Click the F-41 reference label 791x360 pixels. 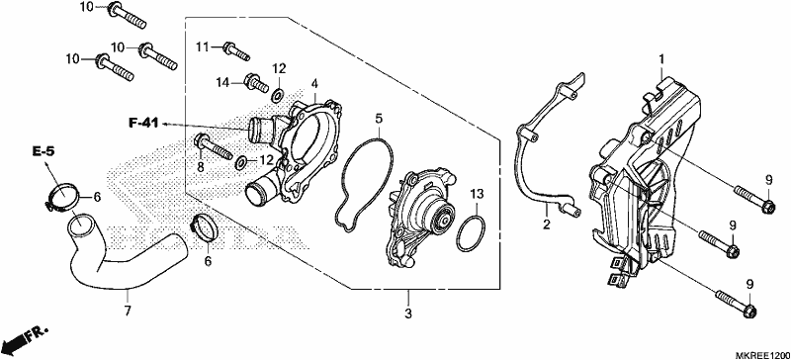tap(143, 123)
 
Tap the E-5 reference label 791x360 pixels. tap(43, 151)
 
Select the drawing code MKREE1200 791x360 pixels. tap(762, 355)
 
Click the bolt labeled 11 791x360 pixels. tap(235, 50)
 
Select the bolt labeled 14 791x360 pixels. tap(256, 84)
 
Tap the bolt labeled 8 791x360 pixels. tap(213, 146)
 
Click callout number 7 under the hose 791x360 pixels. tap(128, 311)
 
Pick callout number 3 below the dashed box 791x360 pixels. tap(408, 314)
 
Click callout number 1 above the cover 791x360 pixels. tap(661, 60)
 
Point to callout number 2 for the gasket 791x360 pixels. tap(547, 225)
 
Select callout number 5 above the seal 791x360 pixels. tap(379, 119)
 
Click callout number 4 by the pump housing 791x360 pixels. tap(314, 83)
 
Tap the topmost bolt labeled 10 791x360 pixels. tap(128, 15)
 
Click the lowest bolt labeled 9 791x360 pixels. tap(736, 303)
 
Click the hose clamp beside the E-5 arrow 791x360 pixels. tap(61, 196)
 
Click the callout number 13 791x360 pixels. tap(478, 194)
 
